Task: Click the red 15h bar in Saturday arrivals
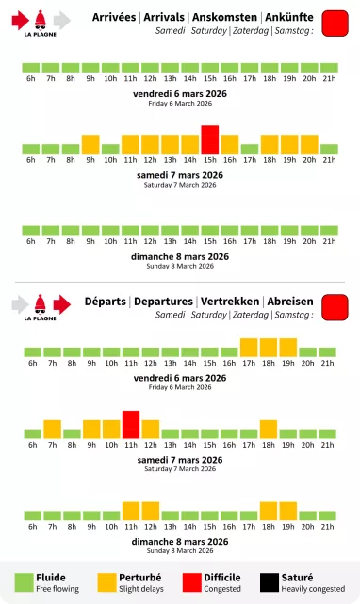pos(209,139)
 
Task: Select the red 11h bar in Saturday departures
pos(131,425)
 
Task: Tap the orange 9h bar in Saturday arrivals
pos(90,144)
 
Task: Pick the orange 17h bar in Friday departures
pos(250,347)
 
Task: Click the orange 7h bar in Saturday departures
pos(52,430)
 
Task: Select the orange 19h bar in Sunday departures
pos(288,511)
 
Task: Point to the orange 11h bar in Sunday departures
pos(131,511)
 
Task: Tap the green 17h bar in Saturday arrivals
pos(250,149)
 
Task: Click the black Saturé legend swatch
pos(267,582)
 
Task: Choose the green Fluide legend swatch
pos(23,582)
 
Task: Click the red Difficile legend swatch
pos(186,582)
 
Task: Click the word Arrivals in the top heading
pos(165,17)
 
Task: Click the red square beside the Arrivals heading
pos(335,24)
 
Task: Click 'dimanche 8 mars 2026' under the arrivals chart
pos(180,256)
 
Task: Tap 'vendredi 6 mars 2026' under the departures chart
pos(180,377)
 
